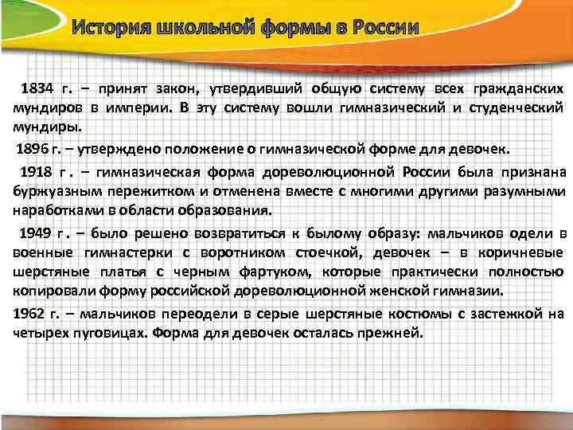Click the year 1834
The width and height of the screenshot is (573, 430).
37,87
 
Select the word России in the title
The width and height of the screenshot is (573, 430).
380,29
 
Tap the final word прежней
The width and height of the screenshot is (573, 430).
391,331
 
